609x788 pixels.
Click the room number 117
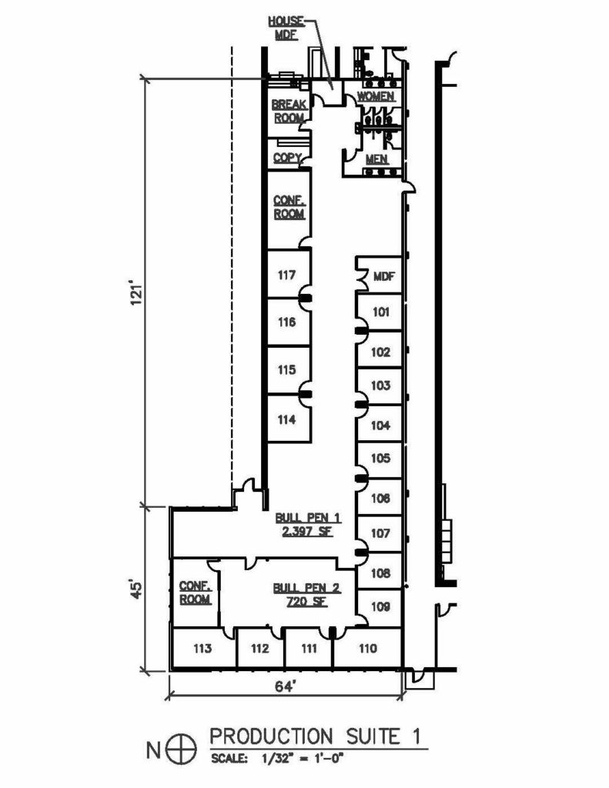[286, 275]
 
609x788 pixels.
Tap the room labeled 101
[380, 312]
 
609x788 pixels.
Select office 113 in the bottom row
[202, 649]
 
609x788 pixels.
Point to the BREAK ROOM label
[289, 111]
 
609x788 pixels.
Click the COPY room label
[287, 158]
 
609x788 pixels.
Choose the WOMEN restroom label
[376, 96]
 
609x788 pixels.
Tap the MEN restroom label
[376, 159]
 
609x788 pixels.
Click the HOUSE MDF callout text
[286, 28]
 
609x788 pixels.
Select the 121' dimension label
[138, 295]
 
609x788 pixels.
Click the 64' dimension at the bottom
[285, 686]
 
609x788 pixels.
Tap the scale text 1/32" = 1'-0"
[302, 759]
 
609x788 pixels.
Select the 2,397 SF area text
[307, 531]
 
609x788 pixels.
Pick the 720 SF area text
[306, 601]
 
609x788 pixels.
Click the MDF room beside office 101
[384, 276]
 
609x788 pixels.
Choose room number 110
[367, 649]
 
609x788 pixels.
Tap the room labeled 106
[380, 498]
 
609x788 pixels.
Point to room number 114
[286, 419]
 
